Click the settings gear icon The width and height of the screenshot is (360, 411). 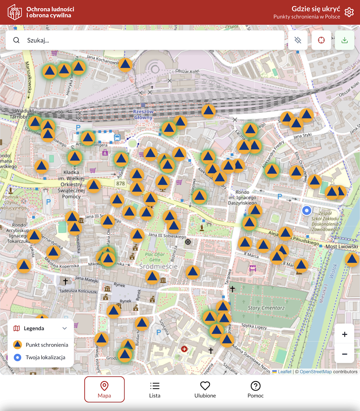click(349, 12)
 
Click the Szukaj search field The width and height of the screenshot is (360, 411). click(144, 40)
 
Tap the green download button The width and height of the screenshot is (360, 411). click(345, 40)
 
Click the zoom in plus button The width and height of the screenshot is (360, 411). click(345, 334)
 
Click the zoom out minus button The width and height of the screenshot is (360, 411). click(345, 354)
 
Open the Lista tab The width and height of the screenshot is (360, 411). click(155, 389)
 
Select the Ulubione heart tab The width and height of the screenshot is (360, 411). click(205, 389)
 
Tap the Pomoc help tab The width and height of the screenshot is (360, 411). click(256, 389)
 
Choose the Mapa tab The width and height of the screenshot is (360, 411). click(104, 389)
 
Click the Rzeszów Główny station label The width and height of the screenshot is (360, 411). click(143, 114)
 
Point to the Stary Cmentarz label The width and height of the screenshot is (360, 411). click(266, 308)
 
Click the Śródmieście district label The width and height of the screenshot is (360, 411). click(158, 266)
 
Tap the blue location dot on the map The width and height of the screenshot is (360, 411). click(307, 210)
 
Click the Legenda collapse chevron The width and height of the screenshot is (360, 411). click(65, 328)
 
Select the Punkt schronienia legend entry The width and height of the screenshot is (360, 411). click(47, 345)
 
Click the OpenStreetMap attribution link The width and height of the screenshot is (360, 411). click(316, 372)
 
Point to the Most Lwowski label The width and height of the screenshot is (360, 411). click(342, 247)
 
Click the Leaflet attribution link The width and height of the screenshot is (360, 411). click(284, 372)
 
